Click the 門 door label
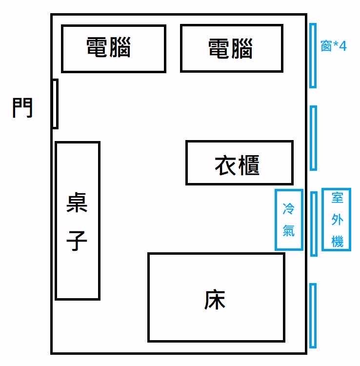pyautogui.click(x=22, y=108)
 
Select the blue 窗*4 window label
pyautogui.click(x=334, y=46)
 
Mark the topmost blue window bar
pyautogui.click(x=313, y=56)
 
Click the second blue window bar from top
pyautogui.click(x=313, y=138)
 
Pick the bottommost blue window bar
pyautogui.click(x=313, y=316)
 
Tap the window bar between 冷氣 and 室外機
pyautogui.click(x=314, y=224)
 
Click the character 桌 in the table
pyautogui.click(x=77, y=203)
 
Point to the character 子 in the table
pyautogui.click(x=77, y=241)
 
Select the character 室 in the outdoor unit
pyautogui.click(x=338, y=198)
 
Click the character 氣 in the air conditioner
pyautogui.click(x=289, y=230)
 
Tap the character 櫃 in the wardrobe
pyautogui.click(x=249, y=165)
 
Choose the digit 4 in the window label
pyautogui.click(x=343, y=46)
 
